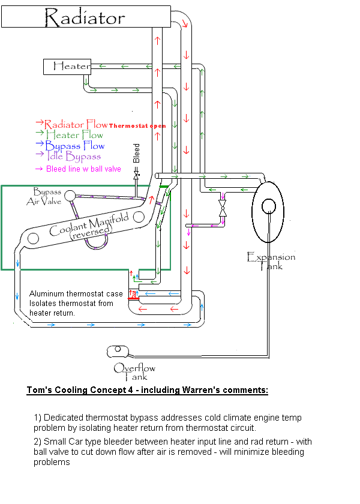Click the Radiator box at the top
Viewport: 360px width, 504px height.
(x=84, y=18)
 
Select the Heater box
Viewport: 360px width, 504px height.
(x=67, y=66)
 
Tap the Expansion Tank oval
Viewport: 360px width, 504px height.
(x=269, y=206)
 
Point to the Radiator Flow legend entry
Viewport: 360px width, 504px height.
(x=76, y=124)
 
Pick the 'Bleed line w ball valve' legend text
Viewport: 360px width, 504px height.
(x=83, y=169)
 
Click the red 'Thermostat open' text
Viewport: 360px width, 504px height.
(x=137, y=126)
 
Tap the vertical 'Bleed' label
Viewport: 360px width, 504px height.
(x=136, y=153)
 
